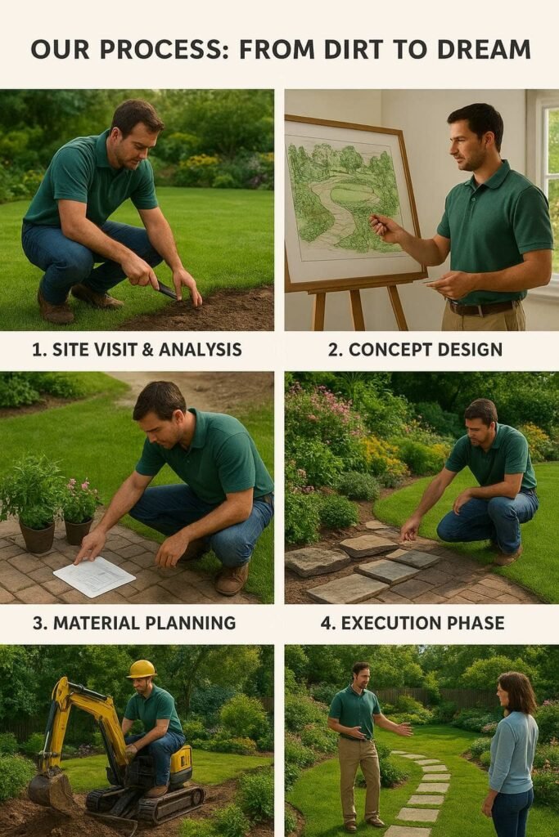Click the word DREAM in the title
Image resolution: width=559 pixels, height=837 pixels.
(485, 50)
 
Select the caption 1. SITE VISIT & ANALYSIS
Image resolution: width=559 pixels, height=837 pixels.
(137, 350)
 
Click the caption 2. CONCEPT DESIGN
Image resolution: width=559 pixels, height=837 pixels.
(415, 350)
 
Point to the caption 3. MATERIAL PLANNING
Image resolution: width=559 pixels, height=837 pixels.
(134, 623)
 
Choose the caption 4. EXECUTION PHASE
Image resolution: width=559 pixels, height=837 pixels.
(412, 623)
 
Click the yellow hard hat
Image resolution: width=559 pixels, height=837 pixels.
(142, 669)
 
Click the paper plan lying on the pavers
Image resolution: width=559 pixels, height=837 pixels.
(94, 576)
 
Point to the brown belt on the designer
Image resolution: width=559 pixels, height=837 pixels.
(483, 307)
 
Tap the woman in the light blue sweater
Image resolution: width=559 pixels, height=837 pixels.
(512, 754)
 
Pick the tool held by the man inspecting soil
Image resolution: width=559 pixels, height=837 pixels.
(167, 290)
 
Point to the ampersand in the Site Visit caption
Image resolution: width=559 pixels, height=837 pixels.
(147, 350)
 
